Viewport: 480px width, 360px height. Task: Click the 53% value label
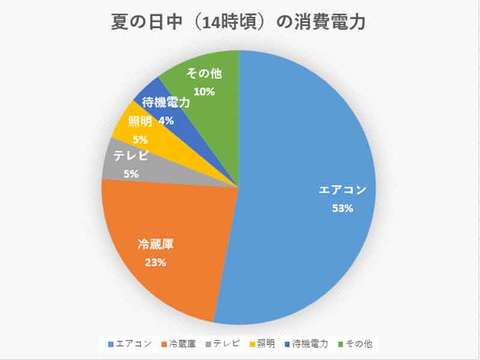(x=343, y=209)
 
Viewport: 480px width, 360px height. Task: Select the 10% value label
(x=205, y=92)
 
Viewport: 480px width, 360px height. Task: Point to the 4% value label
(x=166, y=121)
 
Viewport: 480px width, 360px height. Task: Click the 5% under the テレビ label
(x=131, y=174)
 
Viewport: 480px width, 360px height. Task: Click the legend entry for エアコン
(x=128, y=344)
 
